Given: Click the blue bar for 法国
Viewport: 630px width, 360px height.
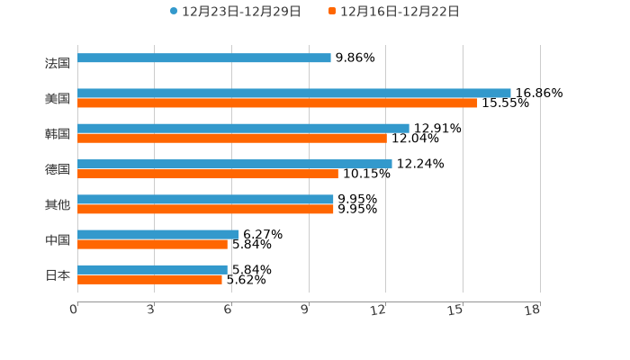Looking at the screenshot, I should pos(204,58).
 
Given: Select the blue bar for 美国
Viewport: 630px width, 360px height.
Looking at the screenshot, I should pos(294,93).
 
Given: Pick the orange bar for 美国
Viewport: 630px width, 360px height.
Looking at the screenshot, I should pos(277,103).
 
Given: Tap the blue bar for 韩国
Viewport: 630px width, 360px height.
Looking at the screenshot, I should pos(243,128).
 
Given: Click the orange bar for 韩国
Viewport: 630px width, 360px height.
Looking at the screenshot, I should pos(232,139).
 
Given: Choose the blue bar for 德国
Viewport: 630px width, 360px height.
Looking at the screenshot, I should pos(235,164).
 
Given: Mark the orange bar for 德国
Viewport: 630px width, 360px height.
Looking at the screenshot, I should pos(208,174).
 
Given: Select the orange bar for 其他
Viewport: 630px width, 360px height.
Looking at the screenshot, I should pos(205,209).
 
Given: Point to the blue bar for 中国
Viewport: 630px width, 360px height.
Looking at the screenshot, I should pos(158,234).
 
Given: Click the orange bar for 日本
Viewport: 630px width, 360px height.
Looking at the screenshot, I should pos(149,280).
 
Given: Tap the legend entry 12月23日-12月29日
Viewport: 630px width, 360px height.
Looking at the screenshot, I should pos(236,12).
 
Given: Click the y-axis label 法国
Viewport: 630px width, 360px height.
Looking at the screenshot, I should pos(58,64).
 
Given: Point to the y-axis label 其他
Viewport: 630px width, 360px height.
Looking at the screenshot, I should pos(58,204).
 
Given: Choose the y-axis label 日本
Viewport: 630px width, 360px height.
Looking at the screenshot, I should pos(58,274).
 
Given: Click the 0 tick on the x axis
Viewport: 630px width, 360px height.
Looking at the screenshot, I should pos(74,310).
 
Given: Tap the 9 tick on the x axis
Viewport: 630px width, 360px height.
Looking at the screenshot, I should pos(306,310).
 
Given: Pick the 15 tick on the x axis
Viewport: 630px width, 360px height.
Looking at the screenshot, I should pos(457,310).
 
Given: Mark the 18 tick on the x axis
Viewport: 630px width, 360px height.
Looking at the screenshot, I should pos(533,310).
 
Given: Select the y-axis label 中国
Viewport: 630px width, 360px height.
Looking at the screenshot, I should pos(58,239).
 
